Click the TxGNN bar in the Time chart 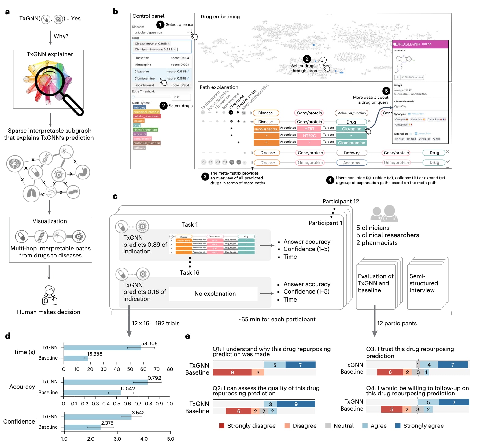click(102, 348)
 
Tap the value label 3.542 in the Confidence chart click(138, 413)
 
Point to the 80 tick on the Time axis click(170, 369)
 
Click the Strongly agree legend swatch click(398, 426)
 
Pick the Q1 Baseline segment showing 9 click(232, 372)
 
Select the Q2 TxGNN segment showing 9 click(296, 404)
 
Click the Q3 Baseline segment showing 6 click(390, 372)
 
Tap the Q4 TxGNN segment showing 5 click(428, 402)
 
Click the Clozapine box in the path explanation click(351, 129)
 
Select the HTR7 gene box click(309, 129)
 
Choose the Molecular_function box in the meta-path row click(351, 113)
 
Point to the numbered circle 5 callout click(386, 91)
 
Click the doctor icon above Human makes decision click(49, 295)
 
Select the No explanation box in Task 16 click(215, 294)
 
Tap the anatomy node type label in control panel click(139, 107)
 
